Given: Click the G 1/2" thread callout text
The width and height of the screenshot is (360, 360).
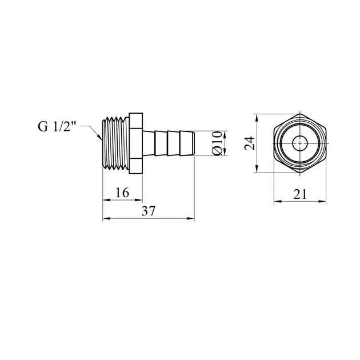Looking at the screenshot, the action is [x=57, y=126].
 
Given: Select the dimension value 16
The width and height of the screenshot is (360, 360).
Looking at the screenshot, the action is [x=122, y=193].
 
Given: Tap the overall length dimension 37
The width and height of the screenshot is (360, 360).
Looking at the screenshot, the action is [x=149, y=211].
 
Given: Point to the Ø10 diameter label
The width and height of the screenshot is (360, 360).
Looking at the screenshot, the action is [x=217, y=143].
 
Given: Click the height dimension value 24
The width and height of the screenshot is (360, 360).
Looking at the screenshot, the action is [x=250, y=143].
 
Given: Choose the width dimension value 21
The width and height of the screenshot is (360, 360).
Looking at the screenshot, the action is [x=300, y=194].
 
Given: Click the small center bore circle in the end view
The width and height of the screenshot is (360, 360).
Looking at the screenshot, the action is [x=300, y=143].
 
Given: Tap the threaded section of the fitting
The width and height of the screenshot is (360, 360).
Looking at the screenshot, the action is [x=115, y=143].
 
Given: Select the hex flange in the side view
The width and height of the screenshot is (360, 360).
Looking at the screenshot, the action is [x=135, y=143].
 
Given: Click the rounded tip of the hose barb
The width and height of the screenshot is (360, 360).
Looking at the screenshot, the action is [x=193, y=143].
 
